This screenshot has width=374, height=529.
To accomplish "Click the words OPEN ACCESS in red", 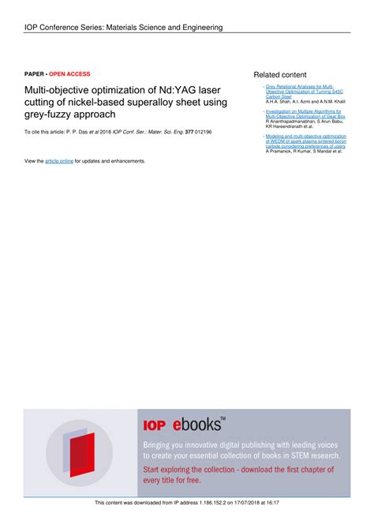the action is (70, 72).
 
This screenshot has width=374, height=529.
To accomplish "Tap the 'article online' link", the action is (59, 161).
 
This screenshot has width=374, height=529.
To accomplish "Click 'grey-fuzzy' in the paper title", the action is (53, 115).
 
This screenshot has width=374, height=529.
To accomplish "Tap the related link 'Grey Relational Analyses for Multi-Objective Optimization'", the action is (300, 91).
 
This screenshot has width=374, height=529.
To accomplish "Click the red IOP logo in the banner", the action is (154, 425).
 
